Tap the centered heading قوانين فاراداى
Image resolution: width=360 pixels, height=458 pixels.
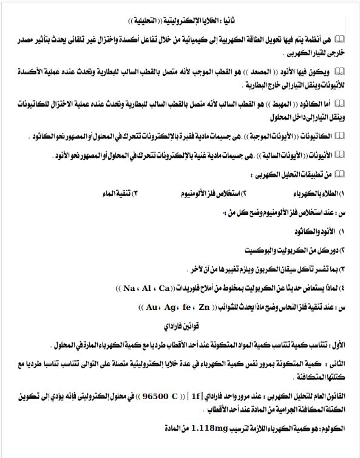[x=181, y=325]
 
